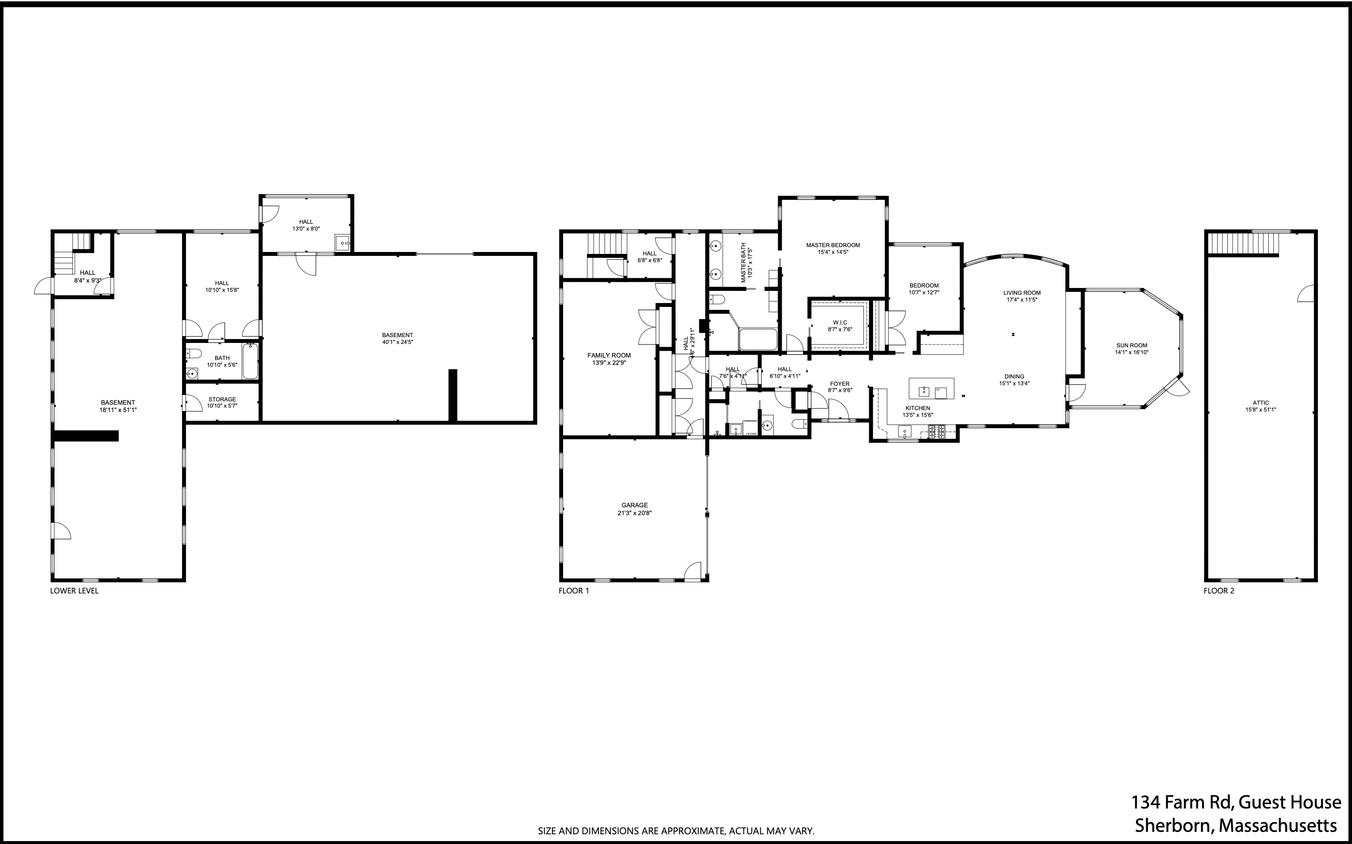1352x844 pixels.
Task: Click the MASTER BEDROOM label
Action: click(833, 245)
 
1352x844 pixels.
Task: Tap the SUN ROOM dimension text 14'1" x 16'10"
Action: click(1132, 352)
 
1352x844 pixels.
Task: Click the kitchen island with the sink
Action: click(931, 389)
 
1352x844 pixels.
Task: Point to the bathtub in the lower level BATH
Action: click(250, 361)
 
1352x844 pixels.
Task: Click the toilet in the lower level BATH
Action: click(193, 352)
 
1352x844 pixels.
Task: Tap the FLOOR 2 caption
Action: click(1219, 591)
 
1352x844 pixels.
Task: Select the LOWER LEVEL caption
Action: click(74, 591)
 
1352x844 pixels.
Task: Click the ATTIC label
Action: click(1261, 402)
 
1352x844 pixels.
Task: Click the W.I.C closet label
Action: click(840, 323)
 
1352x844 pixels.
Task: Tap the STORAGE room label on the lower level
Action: click(222, 399)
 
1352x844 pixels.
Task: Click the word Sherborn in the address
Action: click(1174, 826)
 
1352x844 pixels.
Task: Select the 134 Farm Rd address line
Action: click(1235, 803)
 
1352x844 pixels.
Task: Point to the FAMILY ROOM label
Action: click(609, 355)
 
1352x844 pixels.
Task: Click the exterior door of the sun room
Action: click(1179, 387)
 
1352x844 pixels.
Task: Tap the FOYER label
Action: click(840, 383)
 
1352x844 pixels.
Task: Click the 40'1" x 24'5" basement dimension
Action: click(397, 342)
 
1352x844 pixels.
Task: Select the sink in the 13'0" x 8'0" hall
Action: click(342, 243)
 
